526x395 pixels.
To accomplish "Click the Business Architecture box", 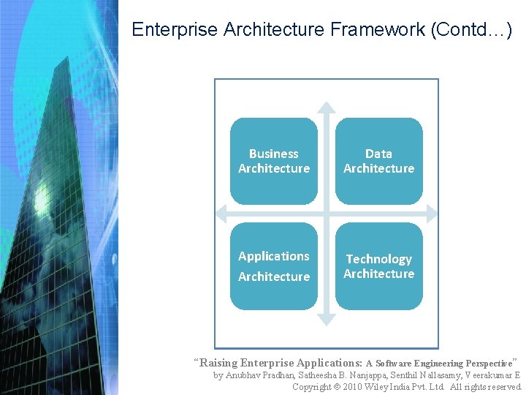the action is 274,161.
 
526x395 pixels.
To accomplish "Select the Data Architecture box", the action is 378,161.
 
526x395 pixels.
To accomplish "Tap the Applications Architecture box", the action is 274,266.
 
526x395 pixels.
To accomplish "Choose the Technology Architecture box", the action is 378,266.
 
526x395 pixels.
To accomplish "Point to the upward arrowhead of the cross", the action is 327,107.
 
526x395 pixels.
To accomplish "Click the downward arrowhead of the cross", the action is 327,319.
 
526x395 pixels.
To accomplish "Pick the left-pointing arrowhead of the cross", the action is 222,213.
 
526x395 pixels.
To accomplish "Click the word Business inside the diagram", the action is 274,154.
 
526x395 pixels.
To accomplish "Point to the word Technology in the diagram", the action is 378,259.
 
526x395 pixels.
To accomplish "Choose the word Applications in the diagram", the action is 274,256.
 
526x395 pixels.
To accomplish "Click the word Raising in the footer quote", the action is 218,363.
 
